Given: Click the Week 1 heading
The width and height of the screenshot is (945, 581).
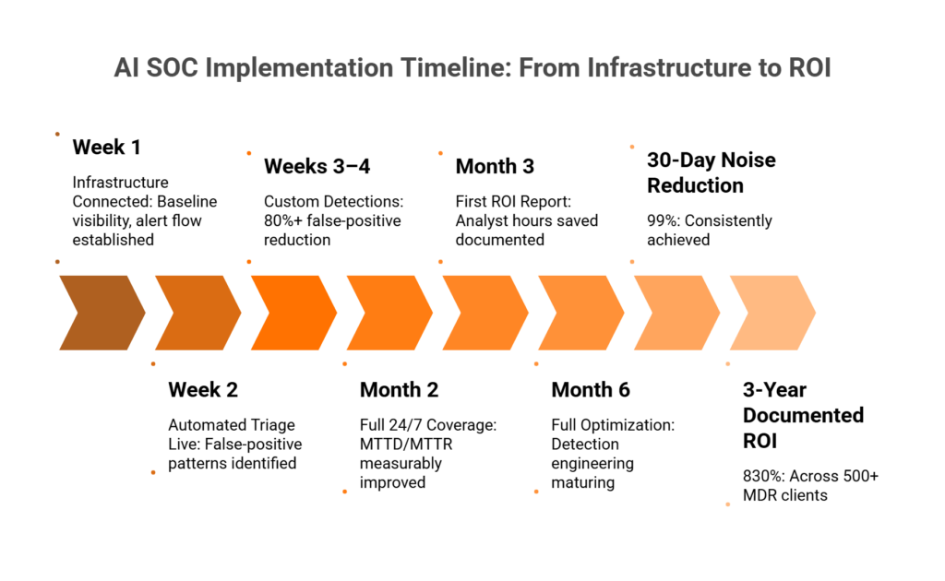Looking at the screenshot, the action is point(107,147).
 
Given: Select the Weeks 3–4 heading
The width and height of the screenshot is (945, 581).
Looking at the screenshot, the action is point(317,166).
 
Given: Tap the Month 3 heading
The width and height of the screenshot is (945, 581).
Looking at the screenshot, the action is point(495,166).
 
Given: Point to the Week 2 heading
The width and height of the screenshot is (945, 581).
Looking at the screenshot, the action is point(203,389).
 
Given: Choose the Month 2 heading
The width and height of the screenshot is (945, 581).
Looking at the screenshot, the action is point(399,389).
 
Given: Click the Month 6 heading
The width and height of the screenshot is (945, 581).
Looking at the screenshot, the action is point(591,389).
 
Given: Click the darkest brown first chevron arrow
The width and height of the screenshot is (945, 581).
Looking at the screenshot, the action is point(102,313).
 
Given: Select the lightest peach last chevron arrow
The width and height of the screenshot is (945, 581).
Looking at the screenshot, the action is point(772,313).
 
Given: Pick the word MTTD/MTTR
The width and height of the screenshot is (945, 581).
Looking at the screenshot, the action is point(406,445).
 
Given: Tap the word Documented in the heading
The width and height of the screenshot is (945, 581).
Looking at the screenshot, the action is point(804,415).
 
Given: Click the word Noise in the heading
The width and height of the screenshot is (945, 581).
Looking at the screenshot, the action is point(748,160).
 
